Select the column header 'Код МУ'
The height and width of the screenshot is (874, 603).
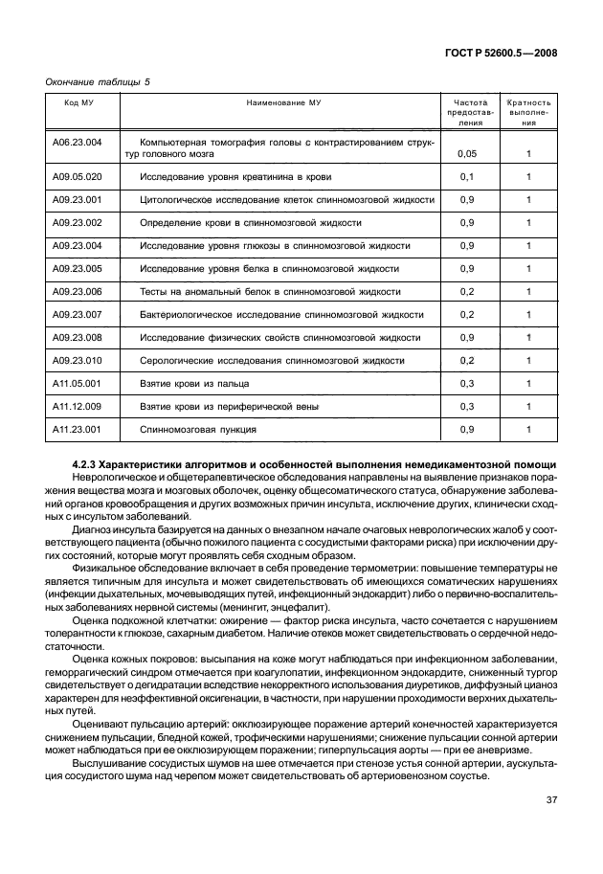[78, 101]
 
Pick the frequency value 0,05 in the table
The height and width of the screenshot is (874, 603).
[467, 153]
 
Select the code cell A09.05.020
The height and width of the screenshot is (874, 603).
[78, 177]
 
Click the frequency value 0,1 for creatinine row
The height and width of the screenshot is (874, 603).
[467, 177]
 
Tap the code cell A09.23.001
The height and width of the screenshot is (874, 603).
[78, 200]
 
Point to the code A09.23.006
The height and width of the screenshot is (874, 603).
[78, 292]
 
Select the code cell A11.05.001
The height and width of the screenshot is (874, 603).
[78, 384]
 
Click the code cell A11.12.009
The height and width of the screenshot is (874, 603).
[78, 407]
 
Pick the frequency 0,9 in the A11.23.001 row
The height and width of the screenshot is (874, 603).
[467, 430]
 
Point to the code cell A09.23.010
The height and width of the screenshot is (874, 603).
[78, 361]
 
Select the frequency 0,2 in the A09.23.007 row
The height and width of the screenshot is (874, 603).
[467, 315]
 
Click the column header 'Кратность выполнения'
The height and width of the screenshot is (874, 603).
[528, 112]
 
